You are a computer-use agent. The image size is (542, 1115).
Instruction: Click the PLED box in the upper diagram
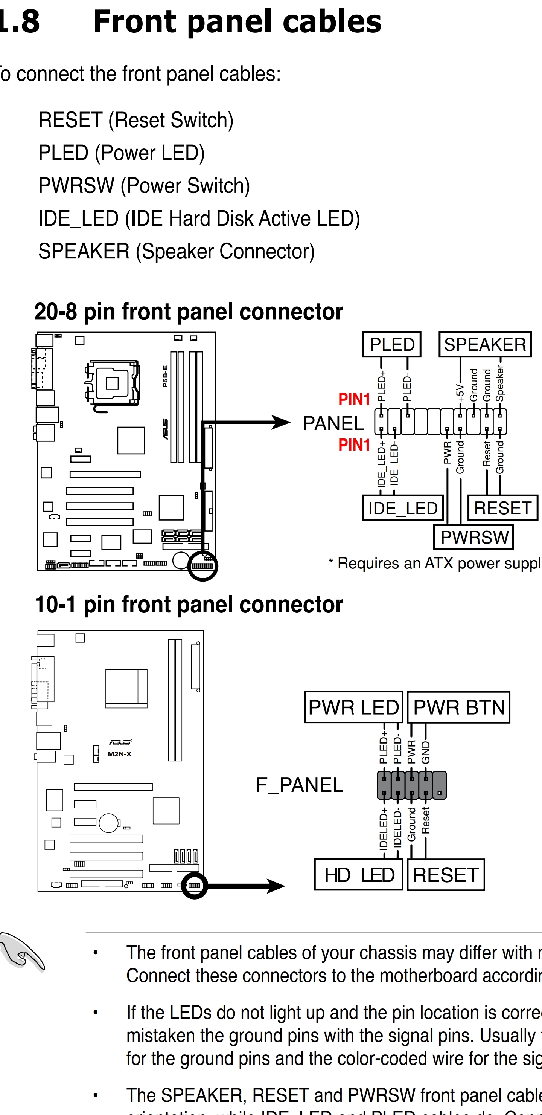click(x=392, y=345)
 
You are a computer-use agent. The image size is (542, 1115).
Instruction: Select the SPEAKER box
click(x=485, y=345)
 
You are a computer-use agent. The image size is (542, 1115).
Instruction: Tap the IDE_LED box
click(x=403, y=508)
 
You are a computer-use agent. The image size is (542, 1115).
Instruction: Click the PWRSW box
click(x=473, y=537)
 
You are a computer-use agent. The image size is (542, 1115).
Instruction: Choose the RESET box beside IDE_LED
click(x=502, y=508)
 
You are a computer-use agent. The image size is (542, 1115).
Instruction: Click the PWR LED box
click(x=353, y=707)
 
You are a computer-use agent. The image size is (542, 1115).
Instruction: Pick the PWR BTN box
click(x=459, y=707)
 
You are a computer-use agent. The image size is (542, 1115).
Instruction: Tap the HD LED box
click(x=359, y=875)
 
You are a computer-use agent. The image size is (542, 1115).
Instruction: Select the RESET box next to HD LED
click(x=446, y=875)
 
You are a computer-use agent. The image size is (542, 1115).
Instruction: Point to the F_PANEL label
click(x=299, y=785)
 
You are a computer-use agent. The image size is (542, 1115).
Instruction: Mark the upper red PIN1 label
click(x=354, y=399)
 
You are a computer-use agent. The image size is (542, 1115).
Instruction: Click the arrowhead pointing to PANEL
click(x=281, y=422)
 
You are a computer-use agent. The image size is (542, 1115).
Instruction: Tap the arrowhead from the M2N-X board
click(x=276, y=886)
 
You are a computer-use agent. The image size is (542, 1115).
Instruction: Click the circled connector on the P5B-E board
click(x=202, y=566)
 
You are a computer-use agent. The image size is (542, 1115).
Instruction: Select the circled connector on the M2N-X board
click(x=194, y=886)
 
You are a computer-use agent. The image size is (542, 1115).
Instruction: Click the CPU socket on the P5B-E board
click(x=113, y=383)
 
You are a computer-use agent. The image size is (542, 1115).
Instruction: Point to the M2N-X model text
click(x=119, y=754)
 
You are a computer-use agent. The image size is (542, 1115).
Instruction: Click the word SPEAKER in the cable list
click(x=84, y=251)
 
